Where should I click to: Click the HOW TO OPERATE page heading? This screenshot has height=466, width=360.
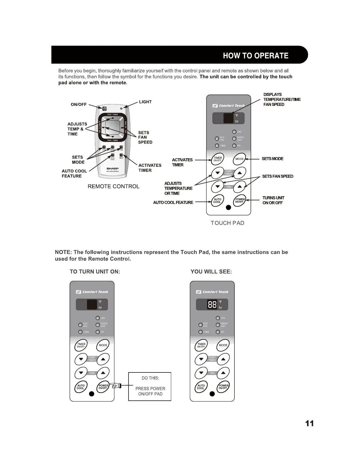(255, 56)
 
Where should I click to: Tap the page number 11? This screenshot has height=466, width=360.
(309, 423)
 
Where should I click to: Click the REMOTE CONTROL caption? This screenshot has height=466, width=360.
(114, 186)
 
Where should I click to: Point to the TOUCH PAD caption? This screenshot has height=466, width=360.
(227, 223)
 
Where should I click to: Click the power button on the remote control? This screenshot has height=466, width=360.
(104, 109)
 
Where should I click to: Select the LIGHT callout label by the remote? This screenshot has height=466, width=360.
(145, 102)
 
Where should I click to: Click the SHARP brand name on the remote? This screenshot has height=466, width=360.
(112, 169)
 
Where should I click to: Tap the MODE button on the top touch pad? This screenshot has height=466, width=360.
(240, 159)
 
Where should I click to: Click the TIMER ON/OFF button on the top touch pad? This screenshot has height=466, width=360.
(218, 159)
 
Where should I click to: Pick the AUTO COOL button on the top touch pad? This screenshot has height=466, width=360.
(217, 201)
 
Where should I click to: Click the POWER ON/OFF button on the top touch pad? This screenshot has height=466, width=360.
(240, 201)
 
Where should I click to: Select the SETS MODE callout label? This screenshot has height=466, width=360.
(272, 159)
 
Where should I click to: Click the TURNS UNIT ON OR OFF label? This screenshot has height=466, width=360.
(273, 200)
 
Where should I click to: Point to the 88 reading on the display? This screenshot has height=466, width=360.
(212, 304)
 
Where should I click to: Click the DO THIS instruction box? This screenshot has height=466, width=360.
(150, 386)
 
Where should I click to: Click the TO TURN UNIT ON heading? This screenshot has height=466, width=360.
(95, 272)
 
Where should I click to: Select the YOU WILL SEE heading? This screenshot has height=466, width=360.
(211, 272)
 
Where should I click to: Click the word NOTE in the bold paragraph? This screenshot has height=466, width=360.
(63, 252)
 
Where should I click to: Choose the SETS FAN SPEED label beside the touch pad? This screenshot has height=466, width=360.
(277, 176)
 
